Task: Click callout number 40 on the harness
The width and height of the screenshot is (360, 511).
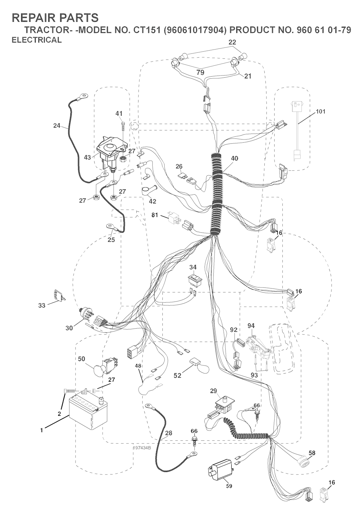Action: point(234,159)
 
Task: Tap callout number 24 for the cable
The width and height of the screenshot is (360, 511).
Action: point(57,125)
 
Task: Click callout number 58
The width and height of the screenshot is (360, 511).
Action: point(312,453)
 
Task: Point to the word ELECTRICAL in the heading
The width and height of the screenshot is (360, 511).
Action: point(37,40)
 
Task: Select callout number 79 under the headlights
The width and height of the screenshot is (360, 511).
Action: point(200,73)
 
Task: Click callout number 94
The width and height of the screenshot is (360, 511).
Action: point(251,326)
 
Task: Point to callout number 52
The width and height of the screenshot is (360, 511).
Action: point(178,376)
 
